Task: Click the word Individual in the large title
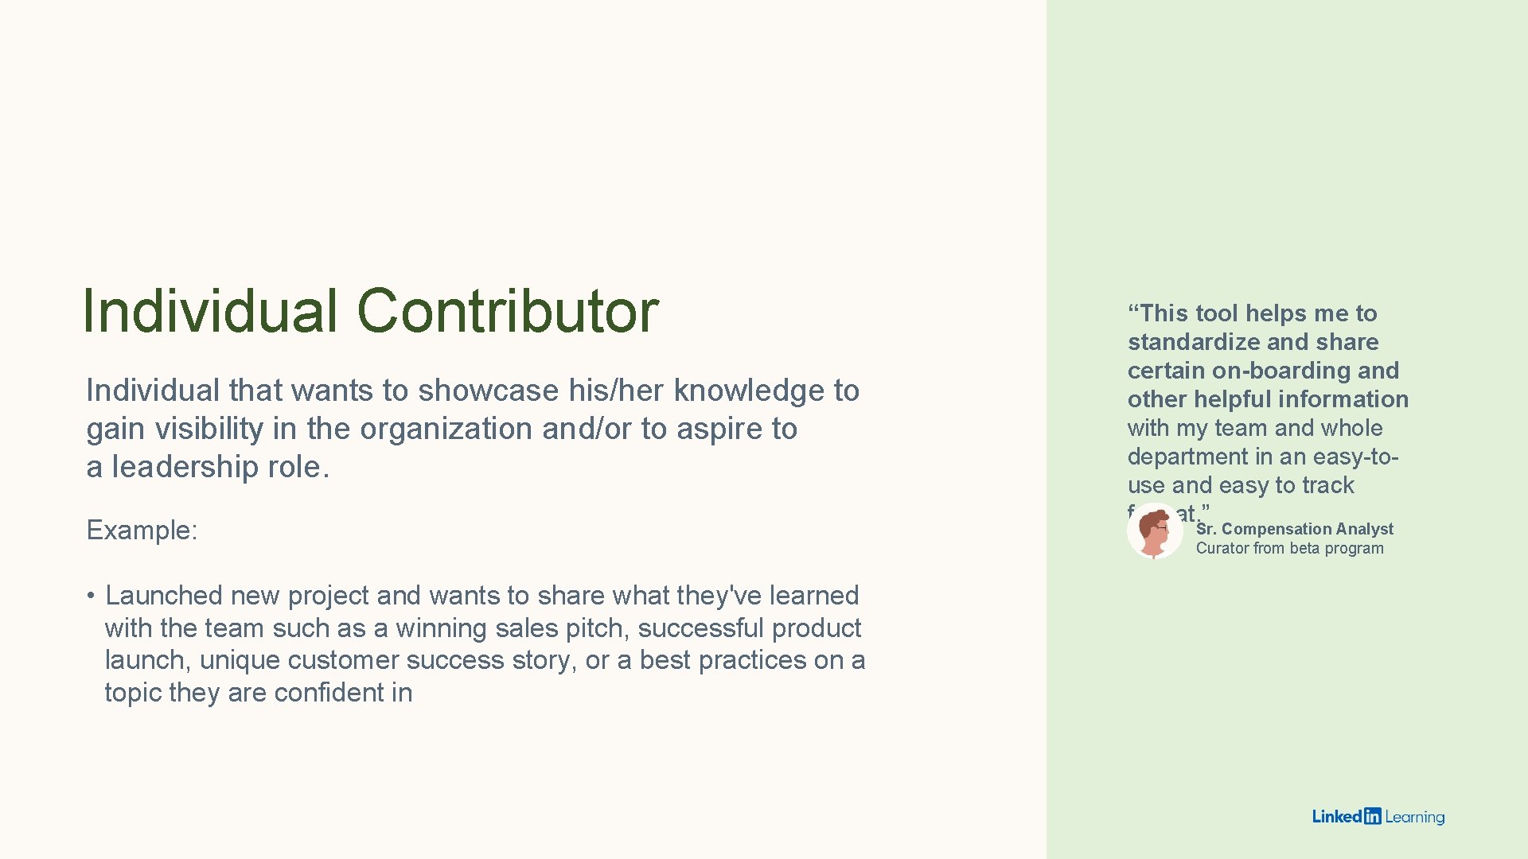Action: pyautogui.click(x=210, y=310)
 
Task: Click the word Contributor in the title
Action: pyautogui.click(x=507, y=310)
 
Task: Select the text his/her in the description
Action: pyautogui.click(x=617, y=391)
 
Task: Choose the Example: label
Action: pyautogui.click(x=142, y=530)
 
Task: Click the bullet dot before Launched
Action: pyautogui.click(x=92, y=596)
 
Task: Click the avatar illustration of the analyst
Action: pyautogui.click(x=1155, y=531)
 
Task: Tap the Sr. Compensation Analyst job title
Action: pyautogui.click(x=1295, y=529)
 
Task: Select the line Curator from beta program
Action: pyautogui.click(x=1289, y=548)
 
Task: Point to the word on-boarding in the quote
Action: pyautogui.click(x=1271, y=371)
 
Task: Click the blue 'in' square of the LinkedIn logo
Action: pyautogui.click(x=1372, y=816)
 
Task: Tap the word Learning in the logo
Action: pyautogui.click(x=1414, y=817)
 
